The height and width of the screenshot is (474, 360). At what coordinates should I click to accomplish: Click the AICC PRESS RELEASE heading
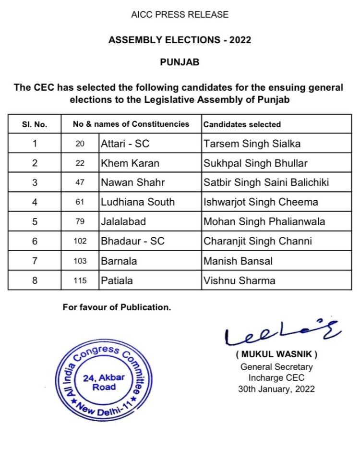pos(180,15)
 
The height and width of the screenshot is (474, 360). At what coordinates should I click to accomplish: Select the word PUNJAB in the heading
pos(180,62)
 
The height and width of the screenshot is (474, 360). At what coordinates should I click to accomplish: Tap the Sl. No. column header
pos(35,124)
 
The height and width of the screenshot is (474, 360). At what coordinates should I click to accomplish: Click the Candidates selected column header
pos(242,124)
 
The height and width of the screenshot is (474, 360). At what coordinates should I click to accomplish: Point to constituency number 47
pos(80,183)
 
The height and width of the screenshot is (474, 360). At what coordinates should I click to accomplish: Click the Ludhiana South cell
pos(137,202)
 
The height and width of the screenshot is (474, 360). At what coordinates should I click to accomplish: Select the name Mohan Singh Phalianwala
pos(264,222)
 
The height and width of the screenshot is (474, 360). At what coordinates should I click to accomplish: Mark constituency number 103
pos(80,261)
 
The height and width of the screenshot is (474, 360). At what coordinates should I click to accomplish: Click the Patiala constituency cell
pos(116,280)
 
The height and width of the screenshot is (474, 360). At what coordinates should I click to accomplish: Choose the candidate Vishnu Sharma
pos(240,280)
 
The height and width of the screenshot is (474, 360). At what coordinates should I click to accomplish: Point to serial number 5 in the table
pos(35,222)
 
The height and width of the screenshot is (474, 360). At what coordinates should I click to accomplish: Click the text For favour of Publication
pos(117,307)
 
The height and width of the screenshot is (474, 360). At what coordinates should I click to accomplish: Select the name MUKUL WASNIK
pos(276,355)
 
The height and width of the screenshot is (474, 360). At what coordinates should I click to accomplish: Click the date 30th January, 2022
pos(276,389)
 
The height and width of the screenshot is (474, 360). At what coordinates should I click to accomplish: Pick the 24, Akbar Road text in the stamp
pos(104,382)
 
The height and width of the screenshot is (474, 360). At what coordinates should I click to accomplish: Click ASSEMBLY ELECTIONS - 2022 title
pos(180,40)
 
